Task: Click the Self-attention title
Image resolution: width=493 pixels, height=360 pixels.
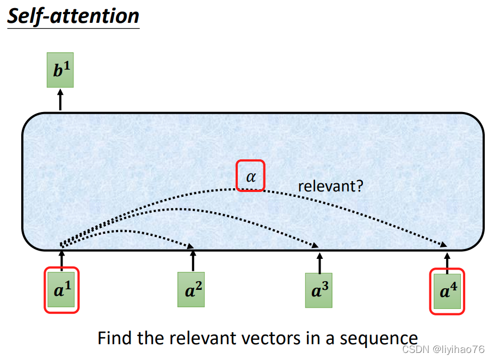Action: pyautogui.click(x=73, y=16)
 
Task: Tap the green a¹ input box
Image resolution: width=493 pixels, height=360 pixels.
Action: pyautogui.click(x=61, y=290)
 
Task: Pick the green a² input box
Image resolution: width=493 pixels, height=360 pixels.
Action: pyautogui.click(x=191, y=290)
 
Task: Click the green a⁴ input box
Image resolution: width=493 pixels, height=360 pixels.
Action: pyautogui.click(x=447, y=291)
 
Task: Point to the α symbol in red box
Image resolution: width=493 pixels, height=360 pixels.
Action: pyautogui.click(x=250, y=176)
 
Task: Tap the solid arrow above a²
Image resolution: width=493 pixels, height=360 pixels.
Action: pyautogui.click(x=193, y=260)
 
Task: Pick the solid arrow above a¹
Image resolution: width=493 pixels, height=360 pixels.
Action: pyautogui.click(x=61, y=259)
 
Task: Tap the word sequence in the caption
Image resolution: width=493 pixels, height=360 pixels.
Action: pyautogui.click(x=379, y=339)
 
